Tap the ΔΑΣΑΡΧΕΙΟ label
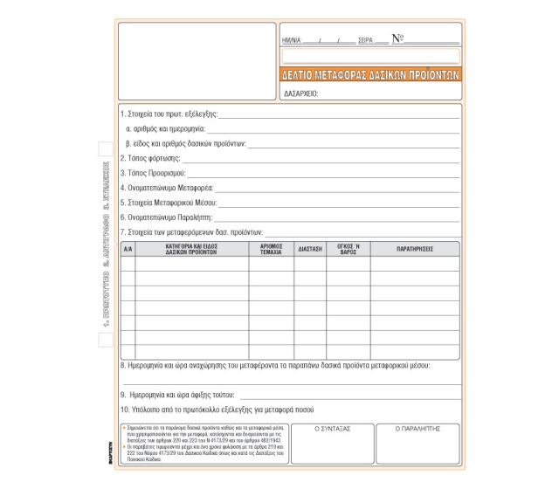(x=300, y=93)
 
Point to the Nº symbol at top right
(x=397, y=38)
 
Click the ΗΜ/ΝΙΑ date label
(x=291, y=41)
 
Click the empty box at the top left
(x=197, y=60)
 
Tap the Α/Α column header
(x=128, y=249)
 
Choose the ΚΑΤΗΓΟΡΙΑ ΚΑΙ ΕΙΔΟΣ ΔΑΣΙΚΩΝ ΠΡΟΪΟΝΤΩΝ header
(x=191, y=249)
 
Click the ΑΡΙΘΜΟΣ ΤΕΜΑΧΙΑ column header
(x=271, y=249)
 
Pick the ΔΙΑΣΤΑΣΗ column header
(x=310, y=249)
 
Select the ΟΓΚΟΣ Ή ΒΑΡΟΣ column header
(x=348, y=249)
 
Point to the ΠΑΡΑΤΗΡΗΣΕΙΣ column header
(x=415, y=249)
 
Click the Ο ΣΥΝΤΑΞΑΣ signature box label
(x=332, y=430)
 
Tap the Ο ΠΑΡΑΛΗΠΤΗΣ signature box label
(x=417, y=430)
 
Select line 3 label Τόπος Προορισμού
(x=154, y=173)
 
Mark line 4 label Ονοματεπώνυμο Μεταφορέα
(x=167, y=188)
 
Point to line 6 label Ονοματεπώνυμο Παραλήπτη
(x=166, y=217)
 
